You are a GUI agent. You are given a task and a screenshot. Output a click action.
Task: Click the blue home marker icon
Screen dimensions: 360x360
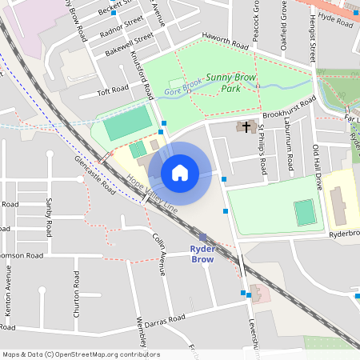180,173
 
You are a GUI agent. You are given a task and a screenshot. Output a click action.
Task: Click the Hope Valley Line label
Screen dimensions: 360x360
152,194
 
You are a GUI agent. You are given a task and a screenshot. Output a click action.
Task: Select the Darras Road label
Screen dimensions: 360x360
165,320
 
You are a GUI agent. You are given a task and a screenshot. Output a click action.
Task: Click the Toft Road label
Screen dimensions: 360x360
113,90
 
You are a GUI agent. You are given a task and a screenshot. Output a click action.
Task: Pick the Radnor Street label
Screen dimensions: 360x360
122,25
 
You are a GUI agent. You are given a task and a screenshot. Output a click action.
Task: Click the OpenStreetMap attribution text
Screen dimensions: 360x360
81,354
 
